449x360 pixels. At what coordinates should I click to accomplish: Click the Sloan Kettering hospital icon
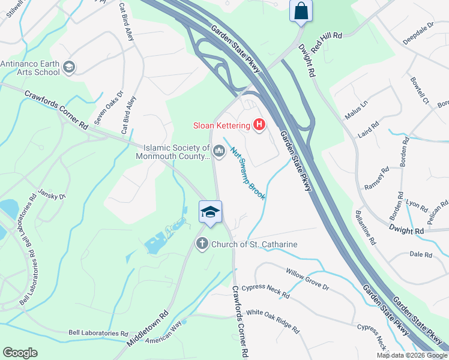259,125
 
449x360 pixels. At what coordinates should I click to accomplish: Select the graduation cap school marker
210,212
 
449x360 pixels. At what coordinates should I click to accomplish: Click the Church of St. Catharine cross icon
202,244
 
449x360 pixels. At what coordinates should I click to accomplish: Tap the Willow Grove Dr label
307,279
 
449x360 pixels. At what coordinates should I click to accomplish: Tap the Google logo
20,353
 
